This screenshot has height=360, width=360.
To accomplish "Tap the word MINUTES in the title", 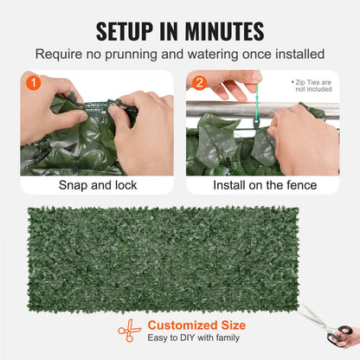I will pos(220,31).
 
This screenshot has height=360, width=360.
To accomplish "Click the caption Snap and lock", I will pos(97,184).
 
